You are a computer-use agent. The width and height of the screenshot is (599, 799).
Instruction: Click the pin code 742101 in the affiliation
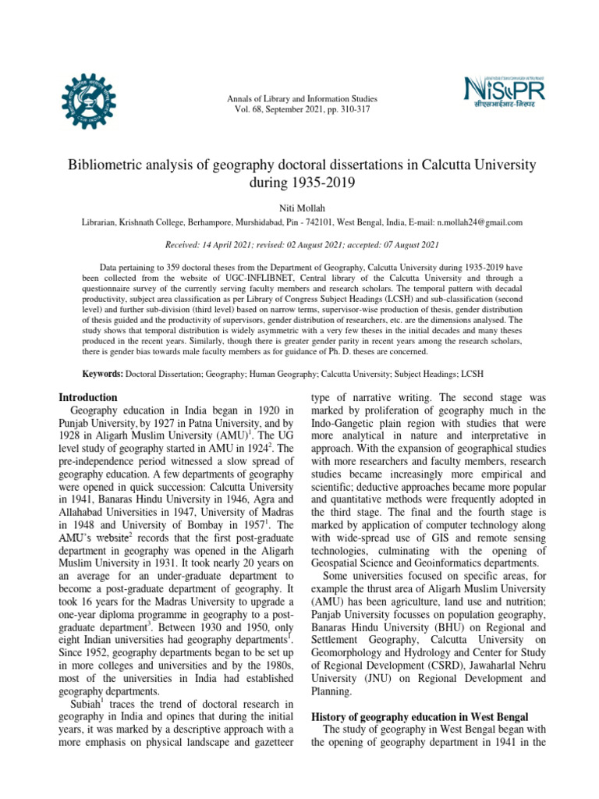315,222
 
